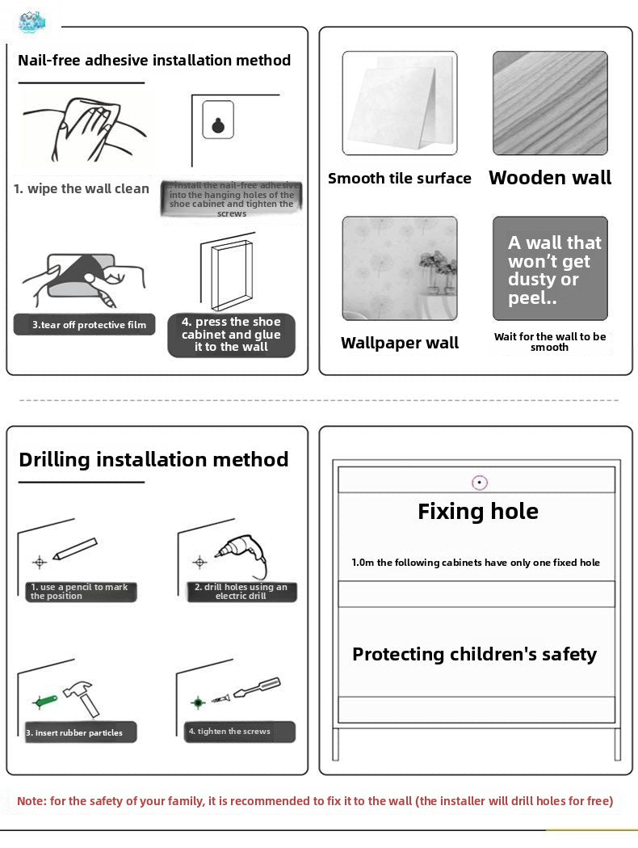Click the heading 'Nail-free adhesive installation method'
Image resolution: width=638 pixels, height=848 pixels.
[x=154, y=61]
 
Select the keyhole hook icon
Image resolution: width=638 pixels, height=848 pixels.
[x=218, y=120]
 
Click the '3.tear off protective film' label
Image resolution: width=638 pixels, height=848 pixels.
[x=85, y=325]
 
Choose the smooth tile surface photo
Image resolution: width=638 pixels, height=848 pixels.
[x=399, y=103]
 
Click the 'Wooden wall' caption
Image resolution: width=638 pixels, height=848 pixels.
[x=550, y=178]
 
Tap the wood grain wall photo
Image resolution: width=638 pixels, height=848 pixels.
[x=550, y=103]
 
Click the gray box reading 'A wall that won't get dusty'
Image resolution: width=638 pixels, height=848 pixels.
[x=550, y=268]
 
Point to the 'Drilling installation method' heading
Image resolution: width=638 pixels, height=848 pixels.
[x=153, y=459]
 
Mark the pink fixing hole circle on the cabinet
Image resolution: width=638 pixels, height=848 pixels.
[x=480, y=483]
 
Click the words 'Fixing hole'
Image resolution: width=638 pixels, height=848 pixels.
[x=478, y=511]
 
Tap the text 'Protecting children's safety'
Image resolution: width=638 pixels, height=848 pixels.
[x=474, y=654]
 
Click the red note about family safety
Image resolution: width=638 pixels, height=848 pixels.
[x=315, y=801]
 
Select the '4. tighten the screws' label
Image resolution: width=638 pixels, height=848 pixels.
[x=235, y=732]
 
